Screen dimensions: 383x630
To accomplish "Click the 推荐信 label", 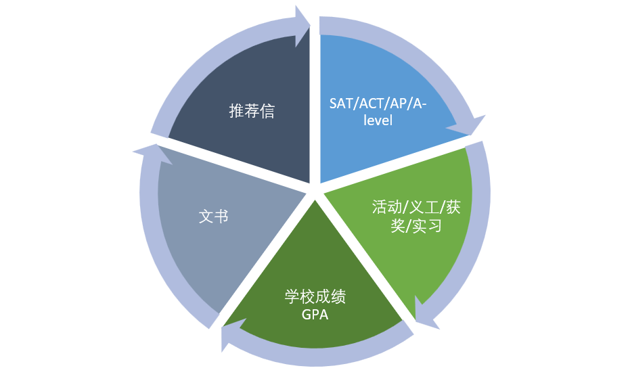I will tap(252, 112).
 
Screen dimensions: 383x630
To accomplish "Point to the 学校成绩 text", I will tap(315, 297).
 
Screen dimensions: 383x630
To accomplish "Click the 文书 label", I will tap(213, 217).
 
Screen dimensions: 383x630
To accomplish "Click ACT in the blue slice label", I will tap(374, 104).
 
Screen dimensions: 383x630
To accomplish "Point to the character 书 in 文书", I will tap(221, 217).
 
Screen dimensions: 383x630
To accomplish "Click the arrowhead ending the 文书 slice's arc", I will tap(145, 152).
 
